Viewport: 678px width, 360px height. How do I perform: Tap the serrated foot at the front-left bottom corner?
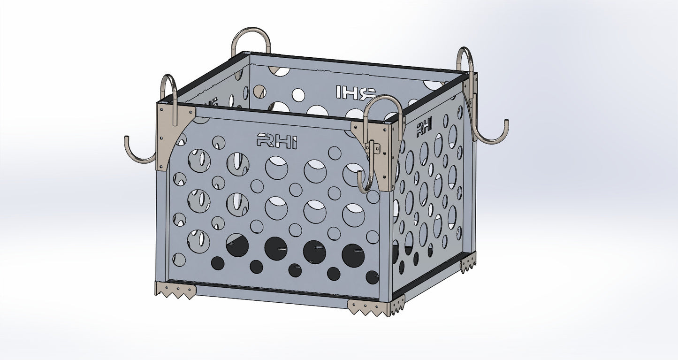point(175,290)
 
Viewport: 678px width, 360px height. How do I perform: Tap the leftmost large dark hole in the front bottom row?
point(237,245)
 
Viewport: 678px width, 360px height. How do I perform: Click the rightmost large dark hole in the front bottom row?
point(353,255)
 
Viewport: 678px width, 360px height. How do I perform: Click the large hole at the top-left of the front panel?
point(199,161)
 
